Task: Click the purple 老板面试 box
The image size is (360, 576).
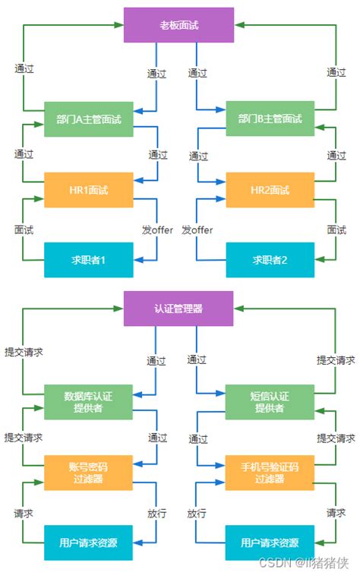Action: [179, 24]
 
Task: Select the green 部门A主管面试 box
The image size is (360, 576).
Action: [89, 119]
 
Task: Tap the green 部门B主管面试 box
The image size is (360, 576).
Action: [270, 119]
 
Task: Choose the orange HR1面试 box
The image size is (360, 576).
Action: [89, 190]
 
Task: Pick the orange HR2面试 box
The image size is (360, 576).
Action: [270, 190]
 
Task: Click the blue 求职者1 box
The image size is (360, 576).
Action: [89, 260]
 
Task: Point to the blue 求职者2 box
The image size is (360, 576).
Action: [270, 260]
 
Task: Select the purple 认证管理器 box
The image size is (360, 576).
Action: [179, 309]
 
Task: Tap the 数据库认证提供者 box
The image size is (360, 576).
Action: [89, 402]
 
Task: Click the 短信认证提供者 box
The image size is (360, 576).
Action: [270, 402]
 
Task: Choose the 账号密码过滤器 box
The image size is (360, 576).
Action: [89, 473]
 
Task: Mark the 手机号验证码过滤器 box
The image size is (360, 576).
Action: [270, 473]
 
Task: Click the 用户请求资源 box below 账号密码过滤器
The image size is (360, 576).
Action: [89, 543]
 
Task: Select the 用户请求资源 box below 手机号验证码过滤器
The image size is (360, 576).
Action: [270, 543]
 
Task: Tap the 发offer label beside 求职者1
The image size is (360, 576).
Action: [157, 230]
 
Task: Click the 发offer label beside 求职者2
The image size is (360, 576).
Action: [197, 230]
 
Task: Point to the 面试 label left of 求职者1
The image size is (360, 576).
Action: [24, 230]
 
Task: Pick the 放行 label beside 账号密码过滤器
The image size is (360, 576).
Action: [157, 514]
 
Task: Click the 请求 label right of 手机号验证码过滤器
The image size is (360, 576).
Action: [336, 514]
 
